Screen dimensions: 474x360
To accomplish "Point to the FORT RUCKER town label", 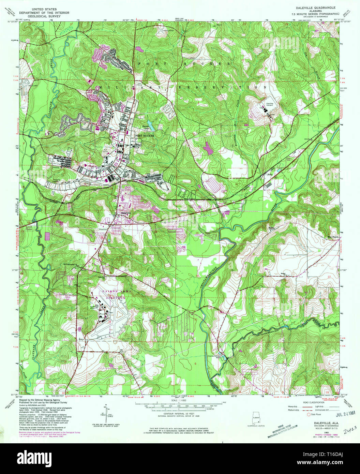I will pos(145,135).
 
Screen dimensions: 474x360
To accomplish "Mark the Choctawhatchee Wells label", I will pos(223,356).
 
